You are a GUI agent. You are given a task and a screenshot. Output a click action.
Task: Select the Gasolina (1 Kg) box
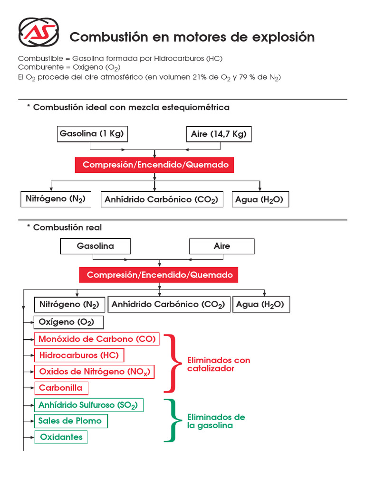92,134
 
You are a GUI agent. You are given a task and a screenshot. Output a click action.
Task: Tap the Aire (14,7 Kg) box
219,134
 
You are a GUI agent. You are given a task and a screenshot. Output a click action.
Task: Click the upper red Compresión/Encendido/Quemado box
155,165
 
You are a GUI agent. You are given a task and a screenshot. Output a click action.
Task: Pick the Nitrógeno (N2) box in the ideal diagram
56,199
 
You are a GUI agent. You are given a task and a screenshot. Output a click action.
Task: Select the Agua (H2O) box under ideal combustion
259,200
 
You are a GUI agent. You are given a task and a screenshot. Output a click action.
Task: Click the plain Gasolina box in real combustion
96,246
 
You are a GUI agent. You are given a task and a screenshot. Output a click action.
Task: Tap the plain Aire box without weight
221,246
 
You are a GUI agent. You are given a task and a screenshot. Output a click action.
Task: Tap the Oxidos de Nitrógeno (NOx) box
95,372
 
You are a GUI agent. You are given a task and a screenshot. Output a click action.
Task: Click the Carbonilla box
61,388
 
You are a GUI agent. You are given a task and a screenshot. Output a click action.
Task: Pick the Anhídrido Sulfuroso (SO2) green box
88,405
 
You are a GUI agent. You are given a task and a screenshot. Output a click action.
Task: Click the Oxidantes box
61,437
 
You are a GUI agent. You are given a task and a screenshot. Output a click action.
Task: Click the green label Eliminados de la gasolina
216,421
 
